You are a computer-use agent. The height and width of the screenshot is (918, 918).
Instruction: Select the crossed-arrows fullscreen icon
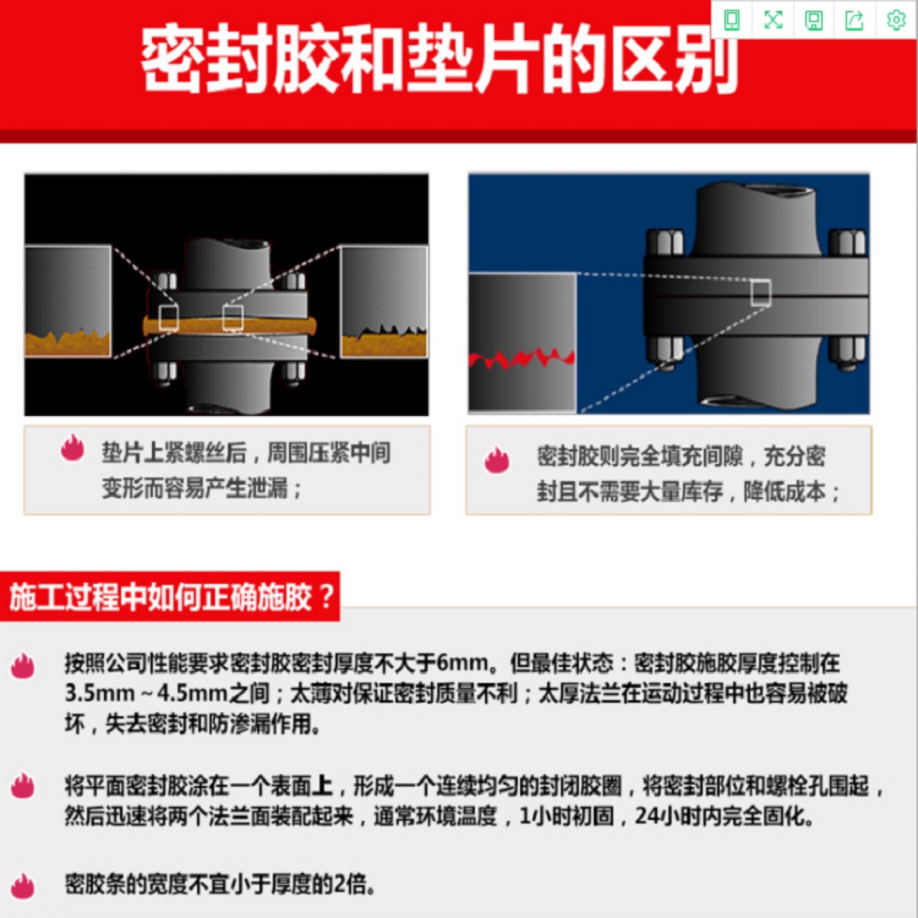click(x=772, y=20)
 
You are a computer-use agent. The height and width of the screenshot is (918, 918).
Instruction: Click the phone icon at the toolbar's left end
click(x=732, y=20)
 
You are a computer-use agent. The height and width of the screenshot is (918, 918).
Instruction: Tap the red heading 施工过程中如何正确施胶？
click(x=171, y=597)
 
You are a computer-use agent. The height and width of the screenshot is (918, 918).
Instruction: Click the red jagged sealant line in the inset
click(x=522, y=358)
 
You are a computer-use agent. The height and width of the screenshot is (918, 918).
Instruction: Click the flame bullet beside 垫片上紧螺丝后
click(x=72, y=448)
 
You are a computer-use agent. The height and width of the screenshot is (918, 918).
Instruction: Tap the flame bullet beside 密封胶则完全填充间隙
click(x=496, y=460)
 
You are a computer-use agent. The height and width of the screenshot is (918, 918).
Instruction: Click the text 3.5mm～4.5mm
click(x=147, y=694)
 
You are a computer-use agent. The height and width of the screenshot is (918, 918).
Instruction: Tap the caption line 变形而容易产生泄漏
click(x=202, y=488)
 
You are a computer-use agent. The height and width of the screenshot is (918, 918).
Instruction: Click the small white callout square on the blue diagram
click(x=761, y=293)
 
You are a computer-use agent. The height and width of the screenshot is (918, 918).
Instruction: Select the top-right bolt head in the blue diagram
click(x=848, y=242)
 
